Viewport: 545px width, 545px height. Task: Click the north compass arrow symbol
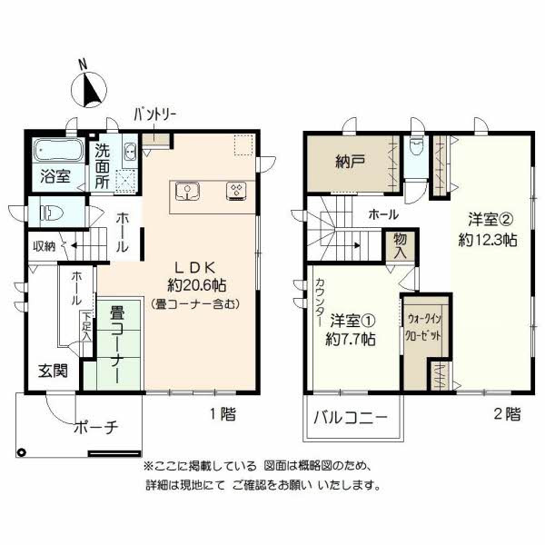86,89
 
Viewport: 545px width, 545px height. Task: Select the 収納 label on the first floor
44,245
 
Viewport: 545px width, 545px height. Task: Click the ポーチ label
96,429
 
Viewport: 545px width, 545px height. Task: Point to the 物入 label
400,244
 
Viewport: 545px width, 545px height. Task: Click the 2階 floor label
507,413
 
